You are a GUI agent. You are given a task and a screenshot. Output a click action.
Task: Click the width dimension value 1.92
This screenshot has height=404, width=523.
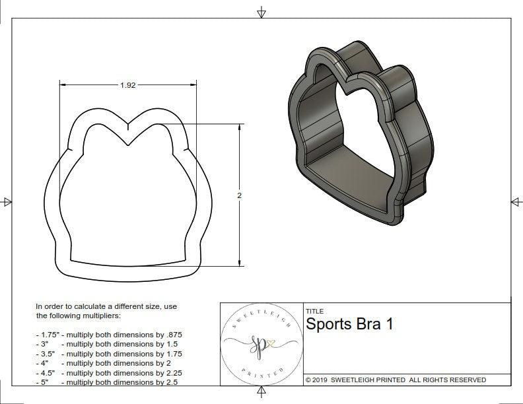coord(128,85)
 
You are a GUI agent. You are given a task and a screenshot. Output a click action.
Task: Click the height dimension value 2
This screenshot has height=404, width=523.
coord(240,195)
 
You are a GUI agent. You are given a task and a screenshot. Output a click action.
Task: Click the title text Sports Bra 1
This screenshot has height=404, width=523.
coord(350,325)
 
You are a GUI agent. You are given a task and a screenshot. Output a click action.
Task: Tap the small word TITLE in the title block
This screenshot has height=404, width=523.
coord(314,311)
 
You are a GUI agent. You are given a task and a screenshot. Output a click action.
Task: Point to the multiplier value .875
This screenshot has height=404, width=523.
coord(172,335)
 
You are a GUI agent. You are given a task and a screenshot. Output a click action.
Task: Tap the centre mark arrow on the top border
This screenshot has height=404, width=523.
coord(261,12)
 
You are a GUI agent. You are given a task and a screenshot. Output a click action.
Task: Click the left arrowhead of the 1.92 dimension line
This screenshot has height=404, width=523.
coord(64,85)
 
